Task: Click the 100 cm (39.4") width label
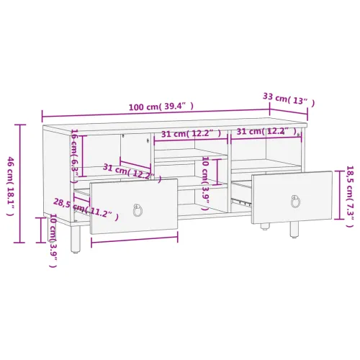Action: tap(161, 106)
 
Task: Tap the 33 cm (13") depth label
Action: tap(289, 99)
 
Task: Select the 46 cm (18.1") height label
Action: tap(10, 186)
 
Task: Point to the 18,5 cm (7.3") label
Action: tap(350, 197)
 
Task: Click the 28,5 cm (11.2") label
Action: tap(86, 209)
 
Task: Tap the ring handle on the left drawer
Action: tap(138, 210)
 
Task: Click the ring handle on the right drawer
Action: tap(295, 201)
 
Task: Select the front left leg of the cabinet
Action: tap(75, 238)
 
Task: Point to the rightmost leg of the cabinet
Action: tap(294, 230)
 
